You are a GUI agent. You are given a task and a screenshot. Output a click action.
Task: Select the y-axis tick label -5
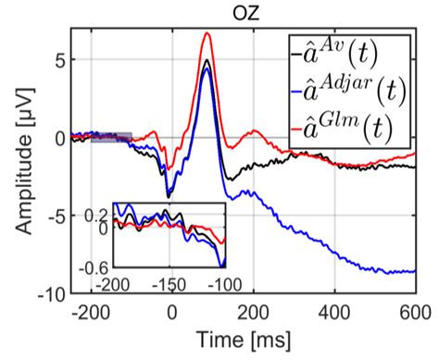coord(55,216)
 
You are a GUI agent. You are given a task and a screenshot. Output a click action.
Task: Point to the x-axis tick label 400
coord(334,311)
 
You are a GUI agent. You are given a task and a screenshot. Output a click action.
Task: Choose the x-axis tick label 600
coord(413,311)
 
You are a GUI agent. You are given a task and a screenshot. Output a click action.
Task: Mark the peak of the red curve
coord(208,33)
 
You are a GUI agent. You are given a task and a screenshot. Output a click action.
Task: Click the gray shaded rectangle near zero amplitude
coord(111,137)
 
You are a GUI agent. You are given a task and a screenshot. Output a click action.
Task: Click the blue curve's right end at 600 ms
coord(413,271)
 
